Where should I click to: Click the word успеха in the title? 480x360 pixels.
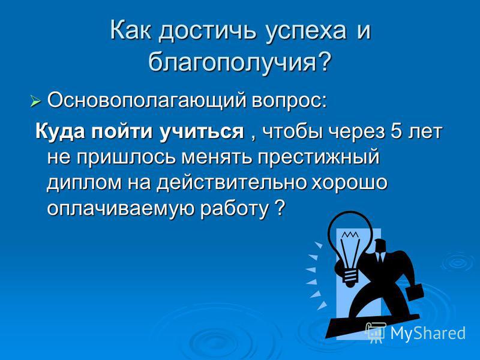(306, 32)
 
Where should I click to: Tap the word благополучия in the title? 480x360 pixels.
(232, 61)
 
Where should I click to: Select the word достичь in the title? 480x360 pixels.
(207, 31)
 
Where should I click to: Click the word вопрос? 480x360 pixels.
(289, 101)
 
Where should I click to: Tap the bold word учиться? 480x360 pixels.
(201, 132)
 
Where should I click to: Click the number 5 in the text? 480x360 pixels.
(396, 131)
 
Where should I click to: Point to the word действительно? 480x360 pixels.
(232, 182)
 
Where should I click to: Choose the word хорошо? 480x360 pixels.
(350, 183)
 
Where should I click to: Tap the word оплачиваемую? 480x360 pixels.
(121, 209)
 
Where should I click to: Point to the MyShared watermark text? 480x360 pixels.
(428, 333)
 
